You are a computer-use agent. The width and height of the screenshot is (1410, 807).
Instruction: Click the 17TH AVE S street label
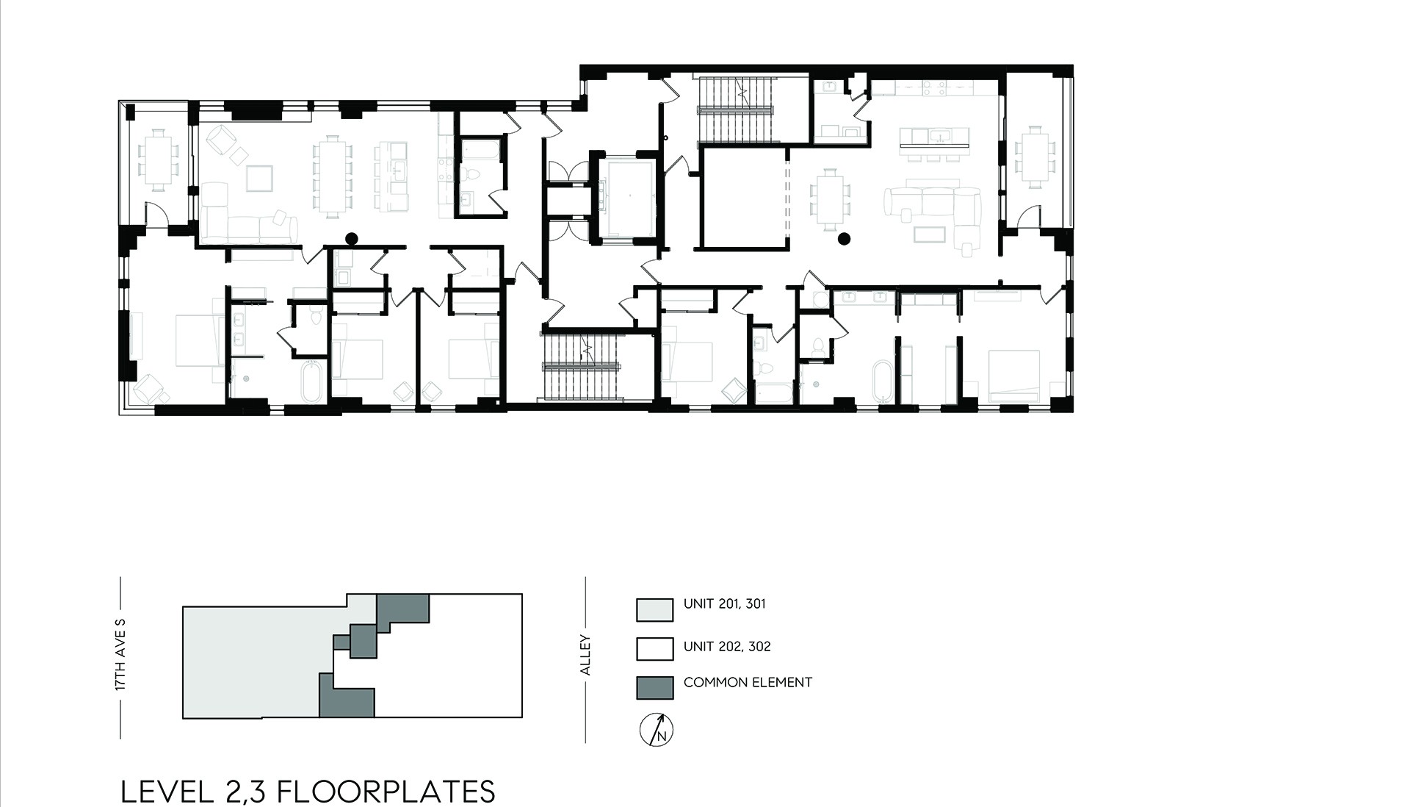point(121,654)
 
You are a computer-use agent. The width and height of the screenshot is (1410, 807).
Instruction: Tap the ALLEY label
point(585,655)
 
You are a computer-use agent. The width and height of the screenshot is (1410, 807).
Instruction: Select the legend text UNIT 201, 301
point(724,604)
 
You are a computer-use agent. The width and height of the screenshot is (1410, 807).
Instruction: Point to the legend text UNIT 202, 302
point(727,647)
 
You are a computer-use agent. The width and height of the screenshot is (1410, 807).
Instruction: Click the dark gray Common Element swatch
point(654,687)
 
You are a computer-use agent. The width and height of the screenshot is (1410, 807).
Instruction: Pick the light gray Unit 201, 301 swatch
point(654,609)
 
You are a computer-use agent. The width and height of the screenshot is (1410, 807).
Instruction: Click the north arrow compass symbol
point(657,730)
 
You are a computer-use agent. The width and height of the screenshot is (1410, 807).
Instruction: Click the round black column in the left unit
point(352,238)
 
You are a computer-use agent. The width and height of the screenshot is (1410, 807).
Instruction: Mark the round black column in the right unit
point(845,238)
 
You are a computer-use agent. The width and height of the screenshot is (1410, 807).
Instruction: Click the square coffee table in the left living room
point(259,179)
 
